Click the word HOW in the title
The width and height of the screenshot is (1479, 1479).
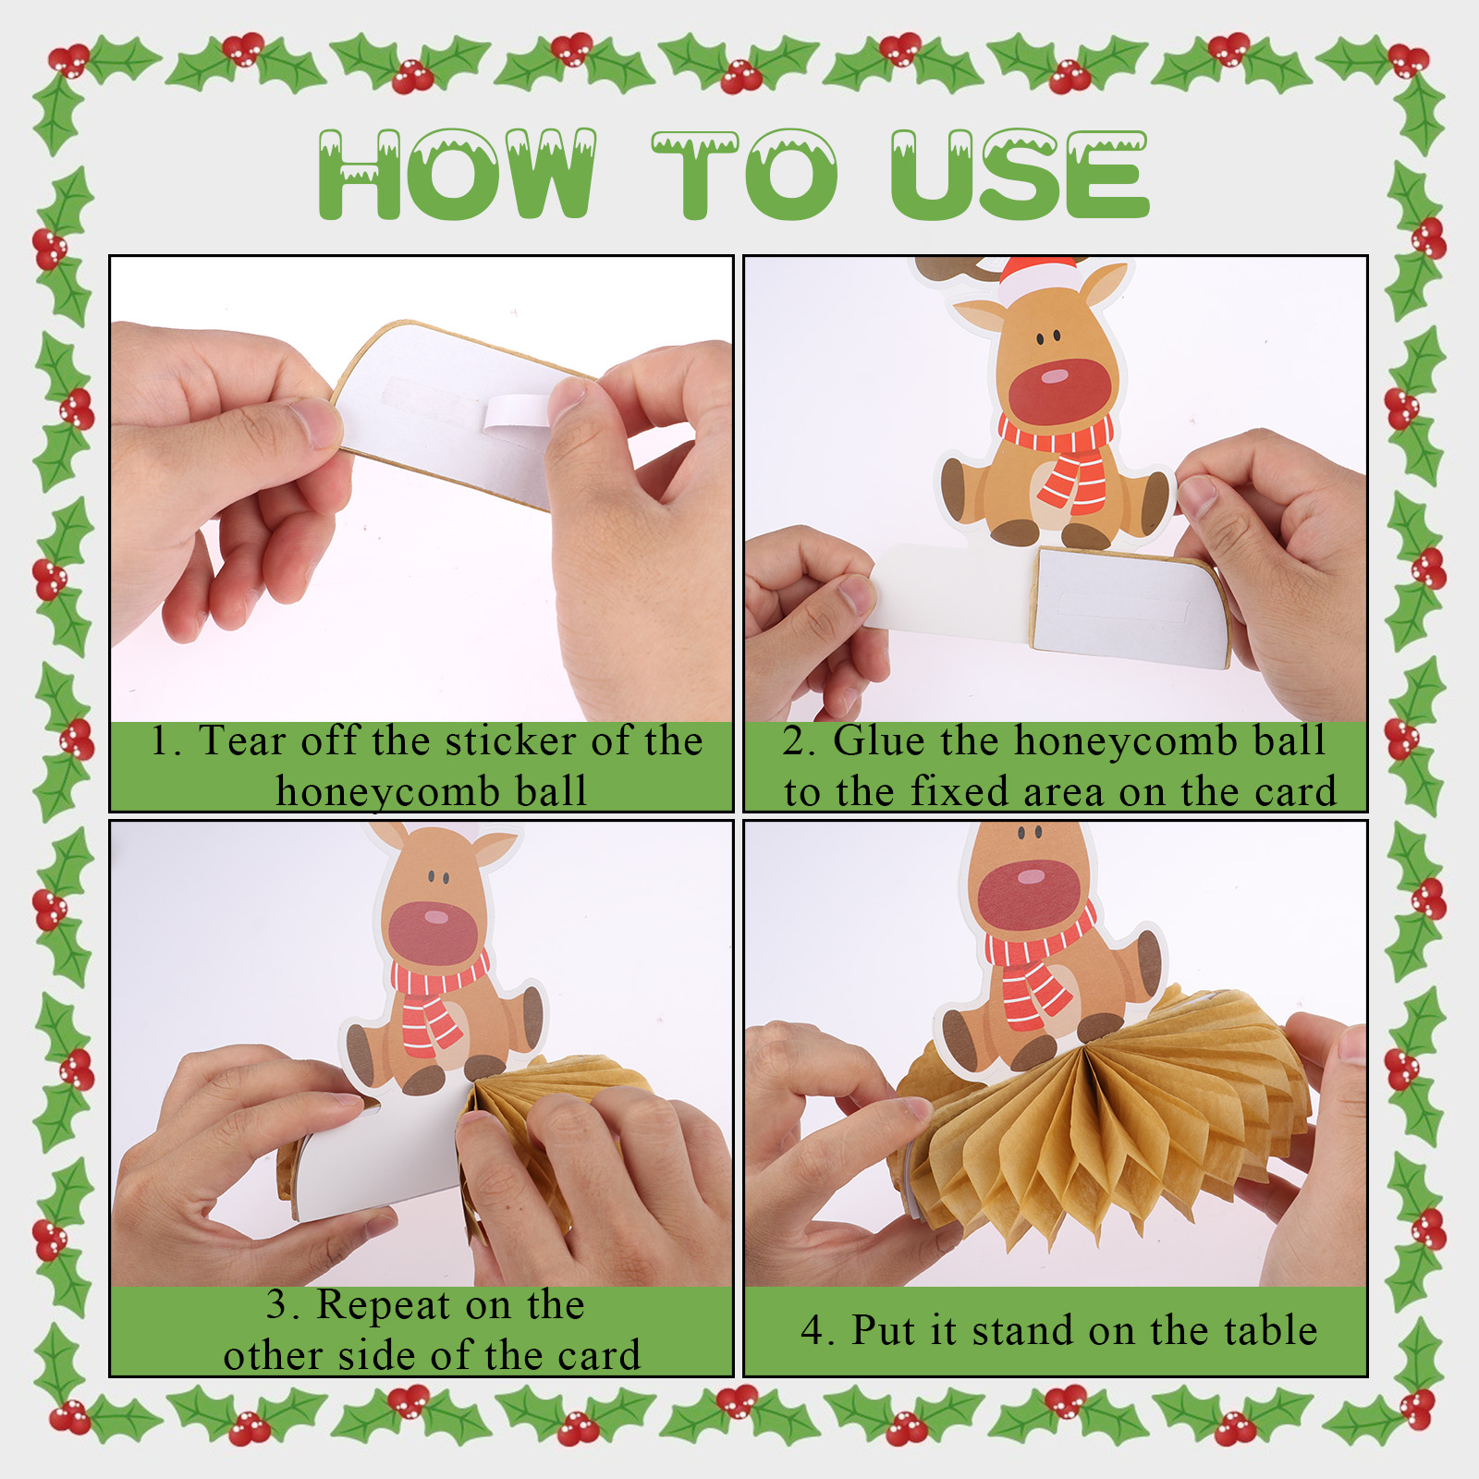[x=457, y=174]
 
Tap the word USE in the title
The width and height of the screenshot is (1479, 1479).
[x=1020, y=174]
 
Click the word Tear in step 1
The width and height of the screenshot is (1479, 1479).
[x=241, y=741]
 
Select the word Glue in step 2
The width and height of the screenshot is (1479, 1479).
[x=877, y=741]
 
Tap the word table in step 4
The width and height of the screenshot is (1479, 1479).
[x=1270, y=1330]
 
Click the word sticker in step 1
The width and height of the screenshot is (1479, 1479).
[x=511, y=741]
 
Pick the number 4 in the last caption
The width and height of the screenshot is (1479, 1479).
[x=813, y=1331]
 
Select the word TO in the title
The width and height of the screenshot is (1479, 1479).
[x=744, y=174]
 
